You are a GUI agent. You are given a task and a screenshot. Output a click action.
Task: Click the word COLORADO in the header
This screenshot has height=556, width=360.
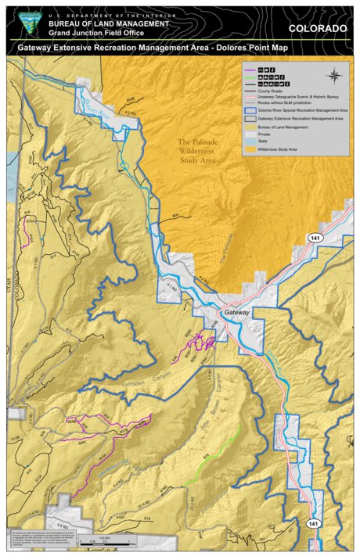click(317, 28)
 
